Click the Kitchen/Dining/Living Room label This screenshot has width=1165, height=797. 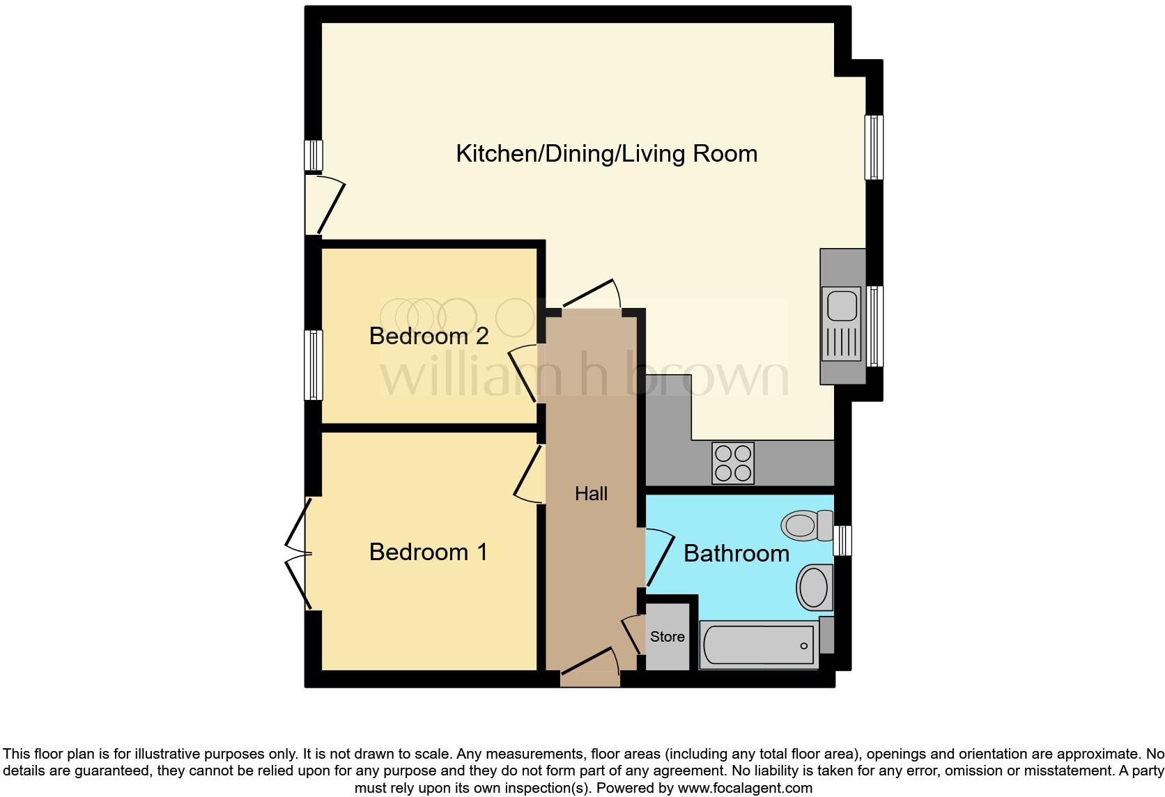point(606,153)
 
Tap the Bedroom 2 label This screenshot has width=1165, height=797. point(429,336)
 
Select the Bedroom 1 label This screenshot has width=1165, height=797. point(429,552)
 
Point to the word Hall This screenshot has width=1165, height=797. point(591,494)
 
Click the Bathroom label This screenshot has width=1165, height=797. point(736,554)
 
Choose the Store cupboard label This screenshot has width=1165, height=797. point(667,637)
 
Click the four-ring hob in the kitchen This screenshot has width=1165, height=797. point(733,463)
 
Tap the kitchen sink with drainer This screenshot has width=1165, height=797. point(842,324)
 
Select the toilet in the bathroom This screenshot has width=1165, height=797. point(806,525)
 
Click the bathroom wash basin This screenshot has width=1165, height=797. point(814,587)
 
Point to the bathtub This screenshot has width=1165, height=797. point(759,645)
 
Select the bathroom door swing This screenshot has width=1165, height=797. point(659,557)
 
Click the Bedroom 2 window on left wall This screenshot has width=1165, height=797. point(314,365)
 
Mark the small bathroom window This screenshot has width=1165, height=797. point(842,541)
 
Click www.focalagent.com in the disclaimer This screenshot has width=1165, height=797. point(744,789)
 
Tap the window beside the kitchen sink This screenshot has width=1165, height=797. point(874,325)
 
